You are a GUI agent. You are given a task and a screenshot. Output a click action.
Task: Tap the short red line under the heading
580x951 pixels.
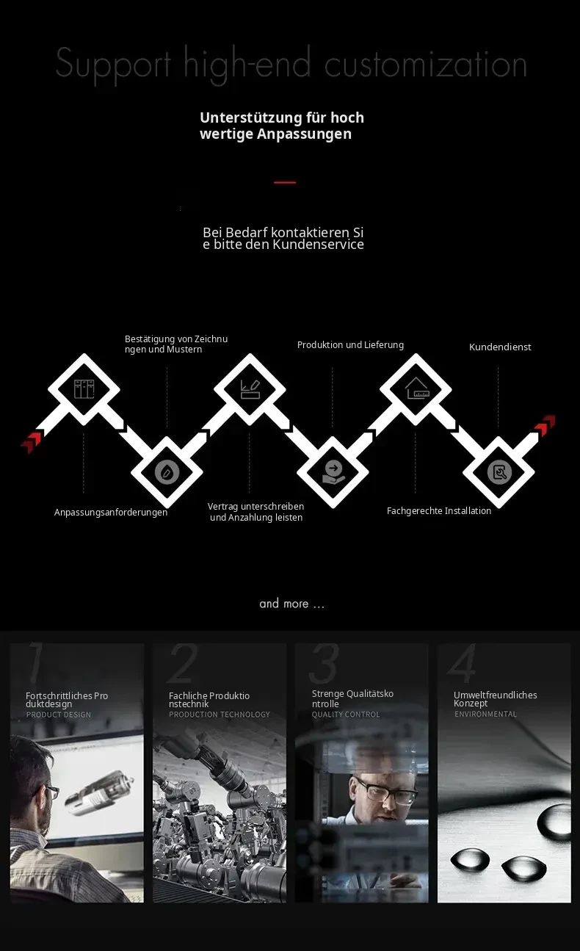tap(285, 183)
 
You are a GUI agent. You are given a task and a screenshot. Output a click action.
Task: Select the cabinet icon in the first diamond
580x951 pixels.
tap(84, 389)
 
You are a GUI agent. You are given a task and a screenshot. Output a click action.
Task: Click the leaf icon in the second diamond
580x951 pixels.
tap(167, 472)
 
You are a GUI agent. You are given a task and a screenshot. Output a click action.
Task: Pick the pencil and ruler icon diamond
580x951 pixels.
tap(250, 389)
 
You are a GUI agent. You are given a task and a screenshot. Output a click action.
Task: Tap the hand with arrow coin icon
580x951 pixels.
tap(333, 472)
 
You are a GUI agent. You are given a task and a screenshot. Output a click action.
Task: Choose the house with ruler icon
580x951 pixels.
tap(416, 388)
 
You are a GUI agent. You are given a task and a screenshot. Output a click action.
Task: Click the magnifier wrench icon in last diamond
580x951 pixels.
tap(499, 472)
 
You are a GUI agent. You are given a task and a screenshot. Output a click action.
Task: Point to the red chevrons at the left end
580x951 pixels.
tap(32, 441)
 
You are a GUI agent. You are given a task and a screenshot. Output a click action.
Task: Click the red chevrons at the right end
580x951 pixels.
tap(545, 425)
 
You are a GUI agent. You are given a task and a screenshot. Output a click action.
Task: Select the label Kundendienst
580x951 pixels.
tap(500, 347)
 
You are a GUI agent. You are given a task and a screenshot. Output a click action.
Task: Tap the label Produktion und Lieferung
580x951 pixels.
tap(350, 344)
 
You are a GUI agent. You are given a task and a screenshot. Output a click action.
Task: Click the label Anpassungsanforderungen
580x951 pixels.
tap(111, 513)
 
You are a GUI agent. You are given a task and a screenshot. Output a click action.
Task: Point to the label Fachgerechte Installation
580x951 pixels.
tap(439, 510)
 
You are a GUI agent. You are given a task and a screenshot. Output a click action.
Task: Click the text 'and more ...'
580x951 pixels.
tap(291, 604)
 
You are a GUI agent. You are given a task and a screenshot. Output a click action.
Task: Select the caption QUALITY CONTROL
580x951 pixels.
tap(346, 715)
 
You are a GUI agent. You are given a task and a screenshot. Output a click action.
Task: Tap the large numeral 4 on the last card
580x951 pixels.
tap(463, 663)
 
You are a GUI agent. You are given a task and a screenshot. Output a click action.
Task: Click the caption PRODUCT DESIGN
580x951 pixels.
tap(59, 715)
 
